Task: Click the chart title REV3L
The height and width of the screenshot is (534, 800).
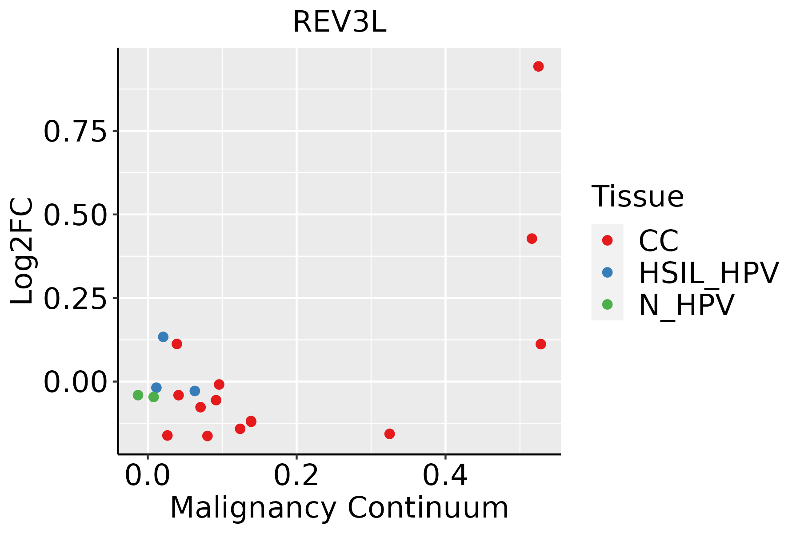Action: (340, 22)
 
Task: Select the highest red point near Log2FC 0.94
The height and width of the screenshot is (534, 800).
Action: (538, 66)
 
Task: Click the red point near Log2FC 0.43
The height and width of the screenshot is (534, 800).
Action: (532, 239)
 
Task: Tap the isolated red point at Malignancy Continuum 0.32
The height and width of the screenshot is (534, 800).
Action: (389, 434)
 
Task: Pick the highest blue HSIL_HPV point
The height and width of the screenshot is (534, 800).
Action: (163, 337)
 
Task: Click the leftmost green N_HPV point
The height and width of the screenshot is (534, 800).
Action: (138, 395)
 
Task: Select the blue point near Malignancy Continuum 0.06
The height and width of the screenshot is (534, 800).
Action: (195, 391)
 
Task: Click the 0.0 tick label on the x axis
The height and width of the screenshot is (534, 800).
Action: (148, 476)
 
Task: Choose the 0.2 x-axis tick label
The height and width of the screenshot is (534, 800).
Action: (296, 476)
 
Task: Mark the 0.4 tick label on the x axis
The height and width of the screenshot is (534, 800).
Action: (445, 476)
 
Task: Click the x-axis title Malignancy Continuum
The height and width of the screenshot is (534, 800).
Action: (339, 508)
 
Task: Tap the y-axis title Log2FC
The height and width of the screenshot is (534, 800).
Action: (22, 251)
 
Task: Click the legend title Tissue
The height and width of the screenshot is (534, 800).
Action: (637, 196)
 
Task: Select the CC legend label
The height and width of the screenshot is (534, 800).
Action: (659, 241)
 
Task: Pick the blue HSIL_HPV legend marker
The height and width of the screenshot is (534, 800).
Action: (607, 272)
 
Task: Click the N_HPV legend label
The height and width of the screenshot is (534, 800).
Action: (686, 305)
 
